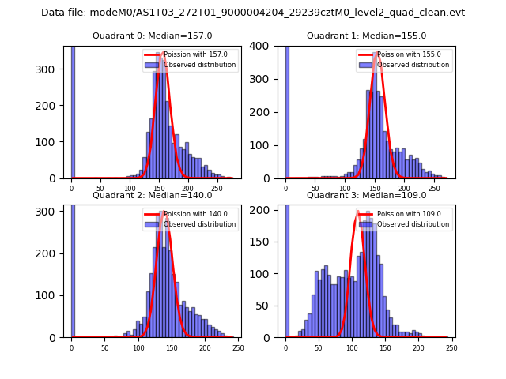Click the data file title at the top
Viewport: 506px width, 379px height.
click(253, 13)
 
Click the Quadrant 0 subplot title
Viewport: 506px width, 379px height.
click(153, 36)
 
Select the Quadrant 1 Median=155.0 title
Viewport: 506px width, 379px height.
click(366, 36)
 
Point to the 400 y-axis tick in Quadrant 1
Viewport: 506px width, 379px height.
click(269, 46)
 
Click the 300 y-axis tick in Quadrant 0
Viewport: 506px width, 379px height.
click(55, 69)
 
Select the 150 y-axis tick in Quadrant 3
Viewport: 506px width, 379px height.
click(269, 239)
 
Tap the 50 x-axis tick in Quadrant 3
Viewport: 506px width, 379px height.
click(319, 347)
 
